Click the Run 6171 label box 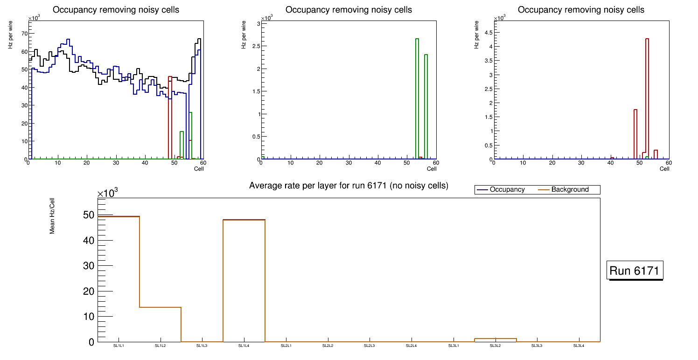(x=635, y=270)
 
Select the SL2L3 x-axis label (x=370, y=346)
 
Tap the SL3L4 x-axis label (x=579, y=346)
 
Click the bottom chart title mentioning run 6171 (x=349, y=186)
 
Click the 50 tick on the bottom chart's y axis (x=89, y=215)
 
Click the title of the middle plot (x=349, y=10)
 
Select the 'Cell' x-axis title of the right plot (x=664, y=169)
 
